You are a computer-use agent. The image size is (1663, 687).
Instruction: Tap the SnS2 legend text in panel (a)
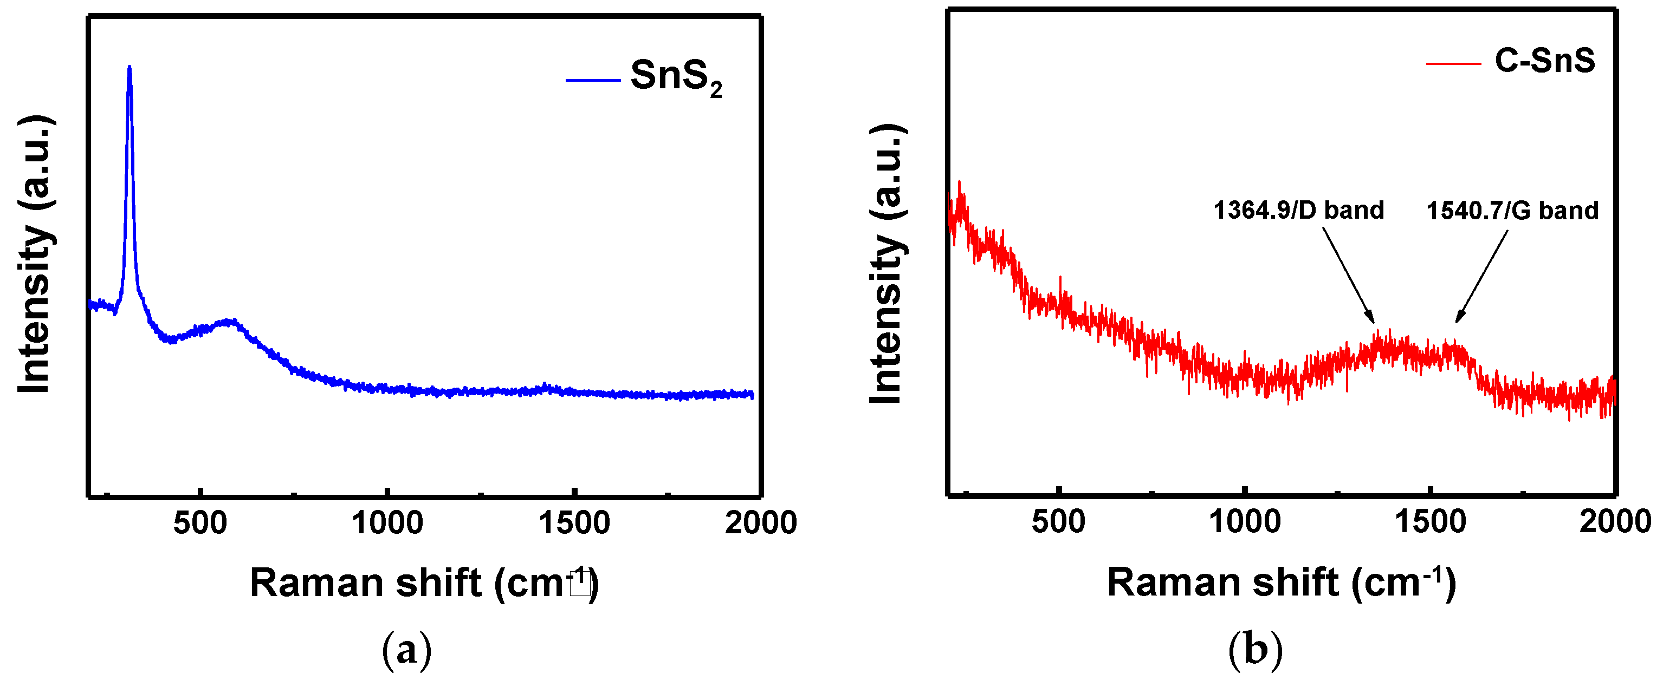(676, 78)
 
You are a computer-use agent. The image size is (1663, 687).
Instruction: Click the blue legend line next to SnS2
(593, 80)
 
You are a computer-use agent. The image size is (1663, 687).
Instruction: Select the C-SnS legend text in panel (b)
(1545, 61)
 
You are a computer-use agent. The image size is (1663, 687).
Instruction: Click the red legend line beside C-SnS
(1453, 63)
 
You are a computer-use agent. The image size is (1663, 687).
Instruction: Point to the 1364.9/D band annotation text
(1299, 210)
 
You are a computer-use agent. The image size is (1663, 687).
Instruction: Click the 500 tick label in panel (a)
(200, 522)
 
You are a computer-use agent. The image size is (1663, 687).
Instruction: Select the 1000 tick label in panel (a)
(387, 522)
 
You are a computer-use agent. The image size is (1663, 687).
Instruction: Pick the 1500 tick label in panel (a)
(574, 522)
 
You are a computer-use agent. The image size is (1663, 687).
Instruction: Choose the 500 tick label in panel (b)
(1058, 521)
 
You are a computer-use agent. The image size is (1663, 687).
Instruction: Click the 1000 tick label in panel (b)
(1245, 521)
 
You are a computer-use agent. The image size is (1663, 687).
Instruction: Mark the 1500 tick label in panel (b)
(1431, 521)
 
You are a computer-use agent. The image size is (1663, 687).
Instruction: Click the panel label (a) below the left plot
(407, 650)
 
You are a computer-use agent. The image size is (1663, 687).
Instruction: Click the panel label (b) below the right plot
(1255, 650)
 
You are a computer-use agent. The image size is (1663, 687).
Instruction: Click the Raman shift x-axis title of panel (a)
(425, 583)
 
